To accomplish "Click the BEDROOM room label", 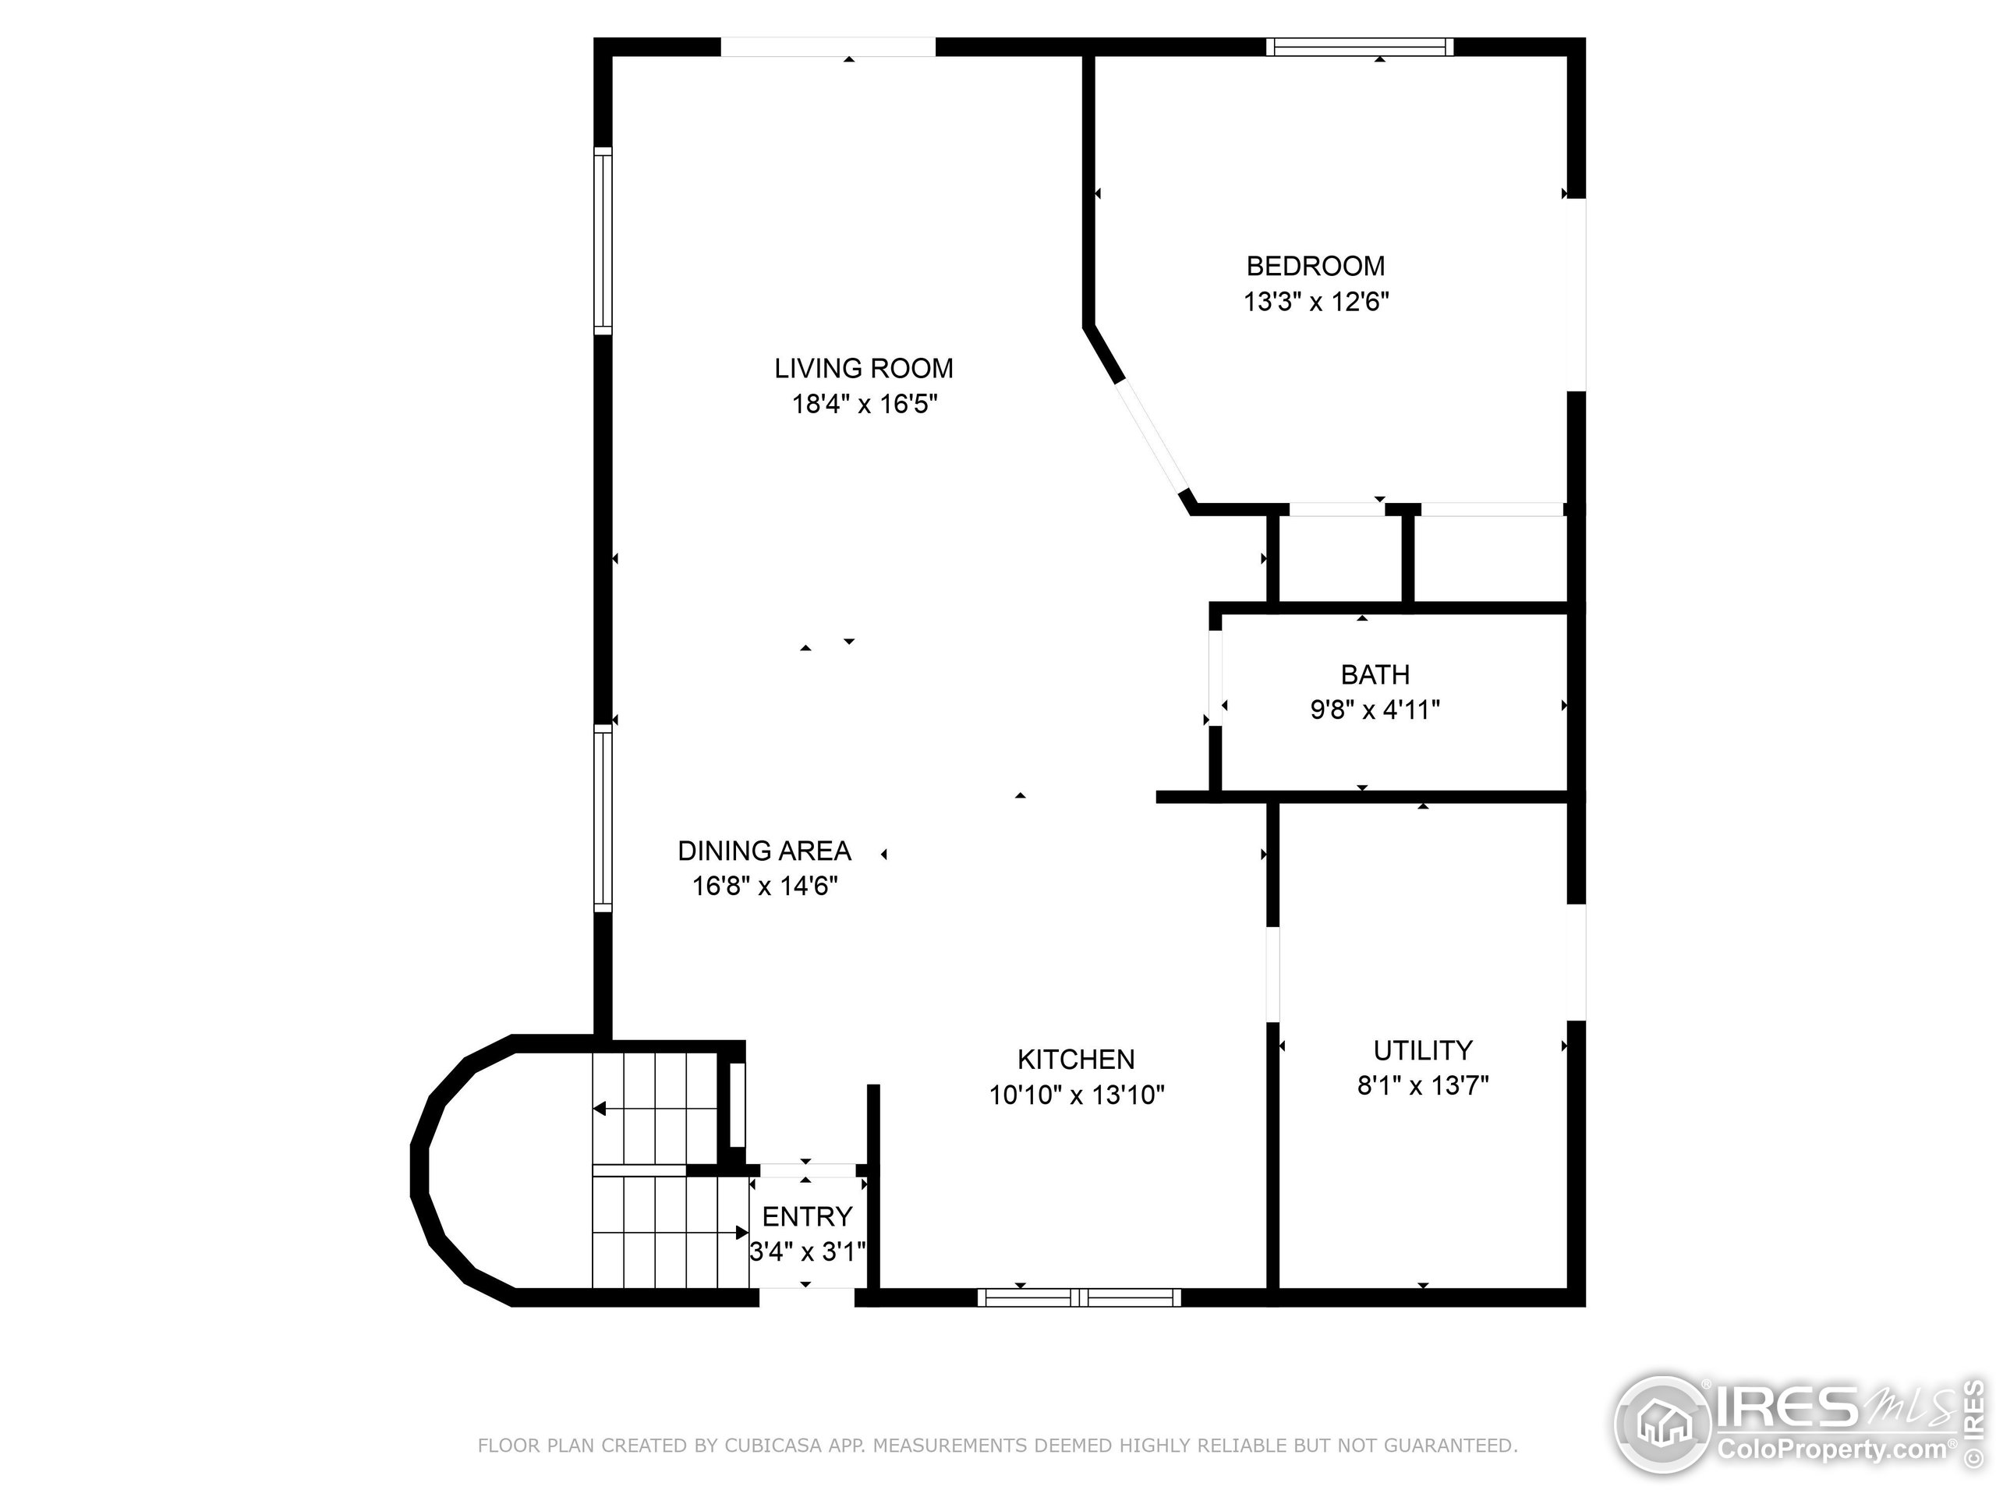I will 1315,266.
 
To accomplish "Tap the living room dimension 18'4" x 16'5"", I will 865,404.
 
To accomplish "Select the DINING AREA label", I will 764,851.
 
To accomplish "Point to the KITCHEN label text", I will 1076,1060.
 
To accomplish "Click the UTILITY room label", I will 1422,1050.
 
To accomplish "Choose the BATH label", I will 1375,675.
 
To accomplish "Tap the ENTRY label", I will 807,1217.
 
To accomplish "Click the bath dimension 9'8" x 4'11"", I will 1375,710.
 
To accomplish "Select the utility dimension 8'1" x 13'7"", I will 1422,1085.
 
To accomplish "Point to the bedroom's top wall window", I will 1359,47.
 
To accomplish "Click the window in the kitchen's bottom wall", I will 1079,1297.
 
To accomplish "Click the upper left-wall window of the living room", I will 603,240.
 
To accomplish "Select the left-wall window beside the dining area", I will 603,818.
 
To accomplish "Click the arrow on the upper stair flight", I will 599,1109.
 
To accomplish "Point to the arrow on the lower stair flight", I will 741,1233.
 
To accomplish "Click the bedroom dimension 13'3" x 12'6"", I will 1315,302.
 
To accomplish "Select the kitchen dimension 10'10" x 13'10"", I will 1076,1095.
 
